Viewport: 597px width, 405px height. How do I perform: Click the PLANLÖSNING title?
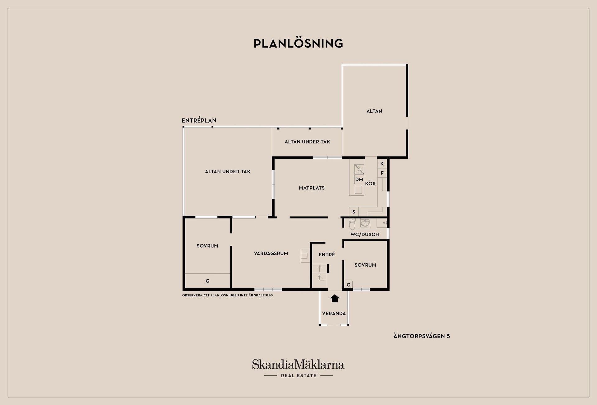click(x=298, y=43)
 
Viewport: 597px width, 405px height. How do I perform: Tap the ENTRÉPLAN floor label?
click(x=199, y=120)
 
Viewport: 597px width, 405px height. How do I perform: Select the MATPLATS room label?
click(x=312, y=188)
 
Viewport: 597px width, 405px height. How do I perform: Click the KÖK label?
click(x=370, y=184)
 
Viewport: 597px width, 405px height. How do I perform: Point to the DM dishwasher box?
click(x=359, y=179)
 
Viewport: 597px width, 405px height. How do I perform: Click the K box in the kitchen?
click(x=382, y=164)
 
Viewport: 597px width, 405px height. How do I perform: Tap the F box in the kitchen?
click(x=382, y=173)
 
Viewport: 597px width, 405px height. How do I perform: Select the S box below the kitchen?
click(x=354, y=212)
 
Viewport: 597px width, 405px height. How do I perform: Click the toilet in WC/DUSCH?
click(x=352, y=224)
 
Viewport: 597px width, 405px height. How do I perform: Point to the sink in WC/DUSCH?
click(x=365, y=223)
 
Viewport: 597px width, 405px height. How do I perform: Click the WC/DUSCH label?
click(x=365, y=235)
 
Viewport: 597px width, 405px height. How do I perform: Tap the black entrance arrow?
click(x=335, y=298)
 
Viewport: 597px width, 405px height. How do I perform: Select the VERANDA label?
click(x=334, y=313)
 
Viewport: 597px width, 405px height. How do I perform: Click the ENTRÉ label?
click(x=327, y=254)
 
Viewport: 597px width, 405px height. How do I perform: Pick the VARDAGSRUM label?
click(x=271, y=254)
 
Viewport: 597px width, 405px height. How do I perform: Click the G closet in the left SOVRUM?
click(x=207, y=281)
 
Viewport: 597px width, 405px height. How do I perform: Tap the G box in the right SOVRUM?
click(x=349, y=285)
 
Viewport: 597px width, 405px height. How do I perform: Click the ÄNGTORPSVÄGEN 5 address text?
click(x=422, y=336)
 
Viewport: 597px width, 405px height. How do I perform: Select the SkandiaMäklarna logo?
click(x=298, y=368)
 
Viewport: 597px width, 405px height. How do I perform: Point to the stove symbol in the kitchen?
click(x=359, y=169)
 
